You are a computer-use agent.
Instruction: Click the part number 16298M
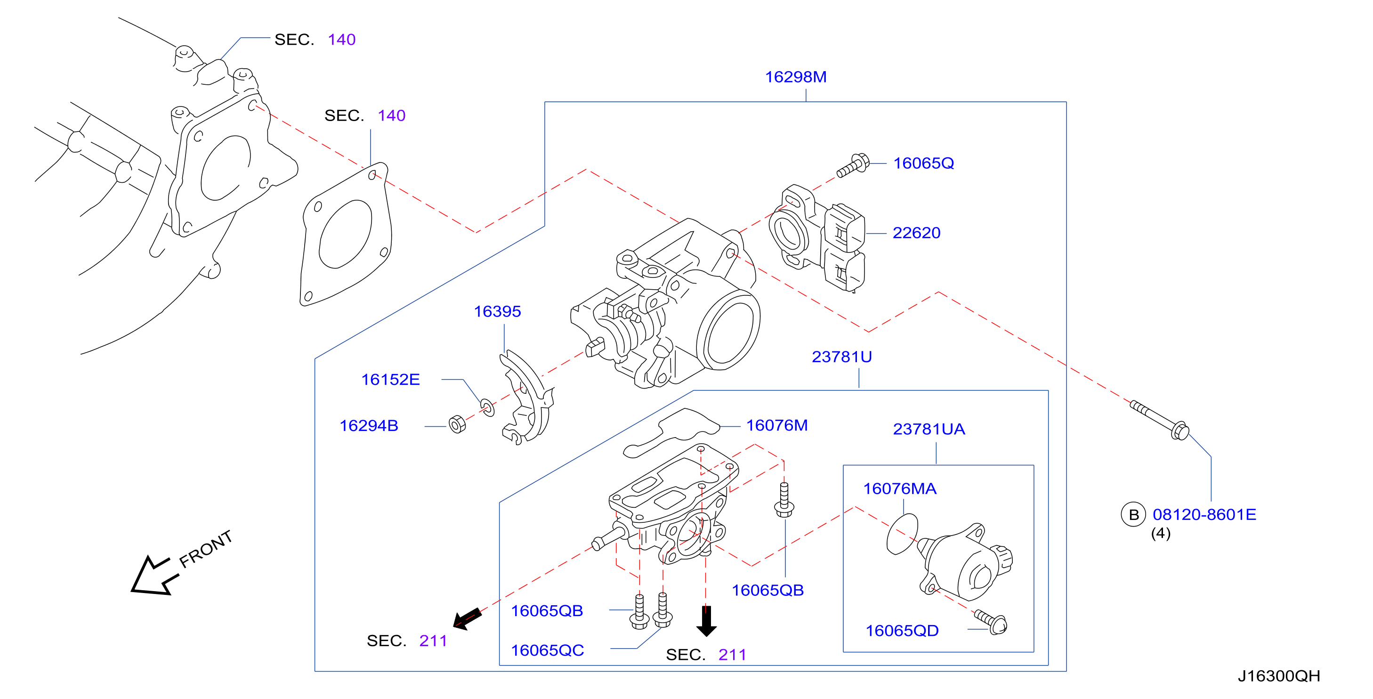[x=796, y=77]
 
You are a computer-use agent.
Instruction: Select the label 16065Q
[x=924, y=163]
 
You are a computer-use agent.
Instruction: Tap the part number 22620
[x=916, y=233]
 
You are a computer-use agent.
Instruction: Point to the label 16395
[x=497, y=311]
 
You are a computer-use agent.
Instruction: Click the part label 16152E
[x=390, y=380]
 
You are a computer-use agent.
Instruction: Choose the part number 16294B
[x=369, y=426]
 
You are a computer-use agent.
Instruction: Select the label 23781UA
[x=929, y=429]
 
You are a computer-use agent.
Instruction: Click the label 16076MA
[x=900, y=489]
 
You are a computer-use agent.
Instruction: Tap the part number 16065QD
[x=902, y=631]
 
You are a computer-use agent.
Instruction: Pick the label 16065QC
[x=548, y=651]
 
